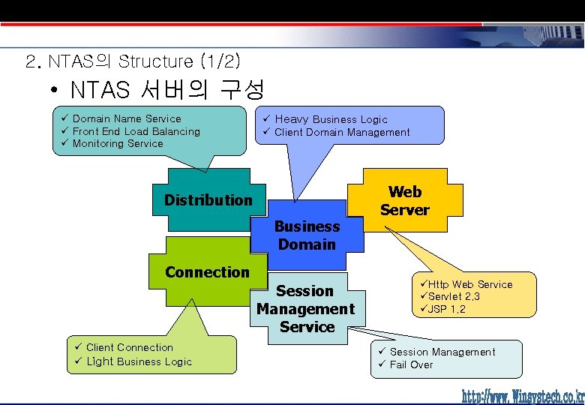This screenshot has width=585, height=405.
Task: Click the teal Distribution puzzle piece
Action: click(208, 199)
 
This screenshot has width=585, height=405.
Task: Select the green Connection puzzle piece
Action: click(207, 272)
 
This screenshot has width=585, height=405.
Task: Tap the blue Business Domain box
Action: click(307, 235)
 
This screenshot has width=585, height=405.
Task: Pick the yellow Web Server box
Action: click(405, 201)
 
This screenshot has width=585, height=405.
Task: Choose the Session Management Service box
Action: click(306, 308)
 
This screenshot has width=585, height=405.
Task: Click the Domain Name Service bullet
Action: click(126, 118)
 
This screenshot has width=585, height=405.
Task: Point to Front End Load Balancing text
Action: click(136, 131)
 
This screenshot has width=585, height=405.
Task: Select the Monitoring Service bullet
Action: click(117, 143)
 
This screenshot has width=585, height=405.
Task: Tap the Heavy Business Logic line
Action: click(331, 119)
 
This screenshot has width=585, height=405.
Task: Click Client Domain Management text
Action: click(342, 133)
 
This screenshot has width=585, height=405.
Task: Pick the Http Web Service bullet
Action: click(470, 284)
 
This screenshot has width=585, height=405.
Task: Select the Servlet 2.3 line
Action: click(454, 296)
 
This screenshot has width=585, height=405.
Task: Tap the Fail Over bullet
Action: click(411, 364)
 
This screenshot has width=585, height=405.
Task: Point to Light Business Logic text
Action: click(139, 361)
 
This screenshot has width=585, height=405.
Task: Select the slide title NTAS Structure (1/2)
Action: click(133, 61)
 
